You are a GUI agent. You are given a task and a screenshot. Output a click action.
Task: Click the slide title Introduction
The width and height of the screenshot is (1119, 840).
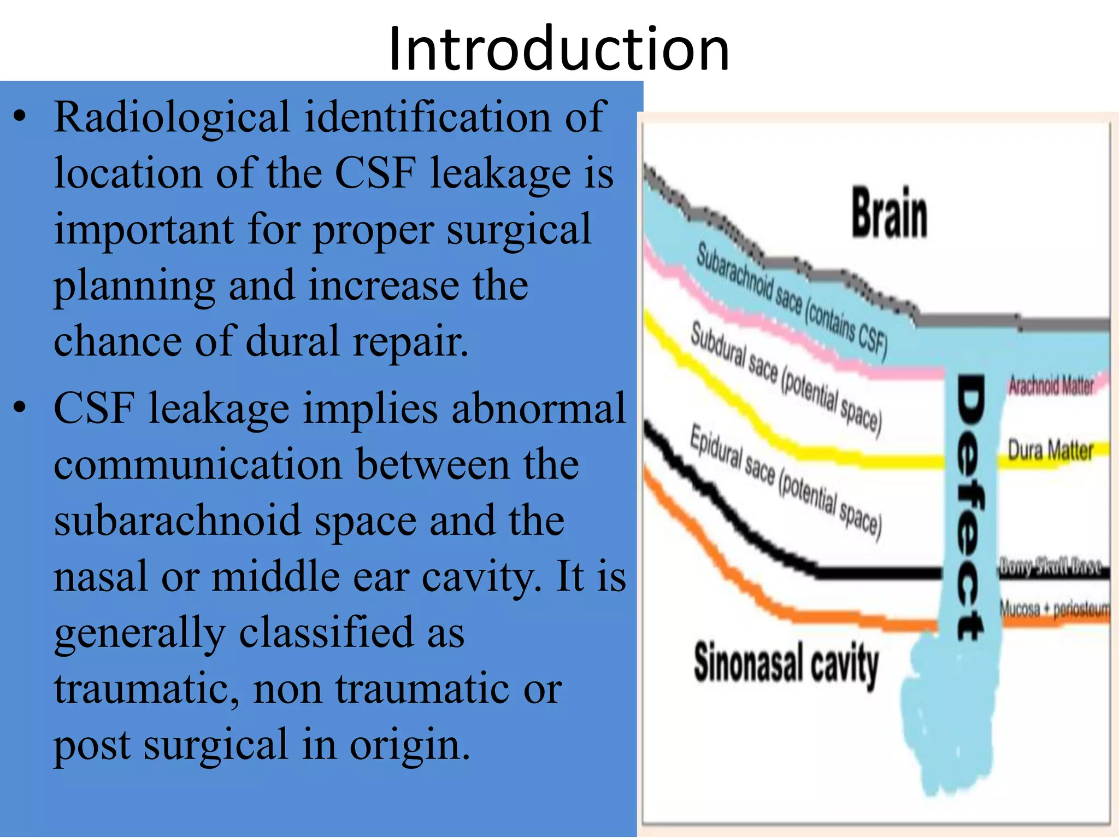tap(558, 49)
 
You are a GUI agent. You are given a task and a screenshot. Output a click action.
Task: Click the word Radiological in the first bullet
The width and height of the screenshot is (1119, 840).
tap(172, 118)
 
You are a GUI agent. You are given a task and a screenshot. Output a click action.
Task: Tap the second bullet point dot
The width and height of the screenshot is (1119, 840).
tap(20, 407)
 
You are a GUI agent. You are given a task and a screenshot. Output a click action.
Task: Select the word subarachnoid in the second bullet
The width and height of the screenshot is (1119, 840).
tap(178, 521)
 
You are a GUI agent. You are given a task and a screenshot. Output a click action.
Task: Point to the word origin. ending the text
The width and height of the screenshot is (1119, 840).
tap(409, 745)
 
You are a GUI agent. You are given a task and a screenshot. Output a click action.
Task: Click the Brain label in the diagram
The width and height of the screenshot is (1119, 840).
tap(890, 213)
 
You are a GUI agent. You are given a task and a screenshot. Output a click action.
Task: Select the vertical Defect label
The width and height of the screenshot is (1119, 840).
tap(970, 506)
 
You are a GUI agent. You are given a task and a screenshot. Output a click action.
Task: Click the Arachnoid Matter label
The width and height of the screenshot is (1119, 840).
tap(1051, 386)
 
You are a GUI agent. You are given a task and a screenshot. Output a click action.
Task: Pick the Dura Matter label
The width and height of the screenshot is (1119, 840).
tap(1050, 451)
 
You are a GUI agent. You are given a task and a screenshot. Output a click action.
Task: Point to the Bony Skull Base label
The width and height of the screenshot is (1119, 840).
tap(1050, 565)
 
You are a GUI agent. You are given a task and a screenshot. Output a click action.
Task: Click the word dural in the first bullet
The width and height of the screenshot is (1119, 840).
tap(293, 342)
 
